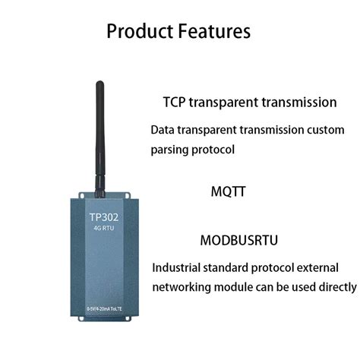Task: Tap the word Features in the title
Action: click(x=213, y=32)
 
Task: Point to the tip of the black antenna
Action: click(x=99, y=85)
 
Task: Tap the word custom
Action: click(x=332, y=130)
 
